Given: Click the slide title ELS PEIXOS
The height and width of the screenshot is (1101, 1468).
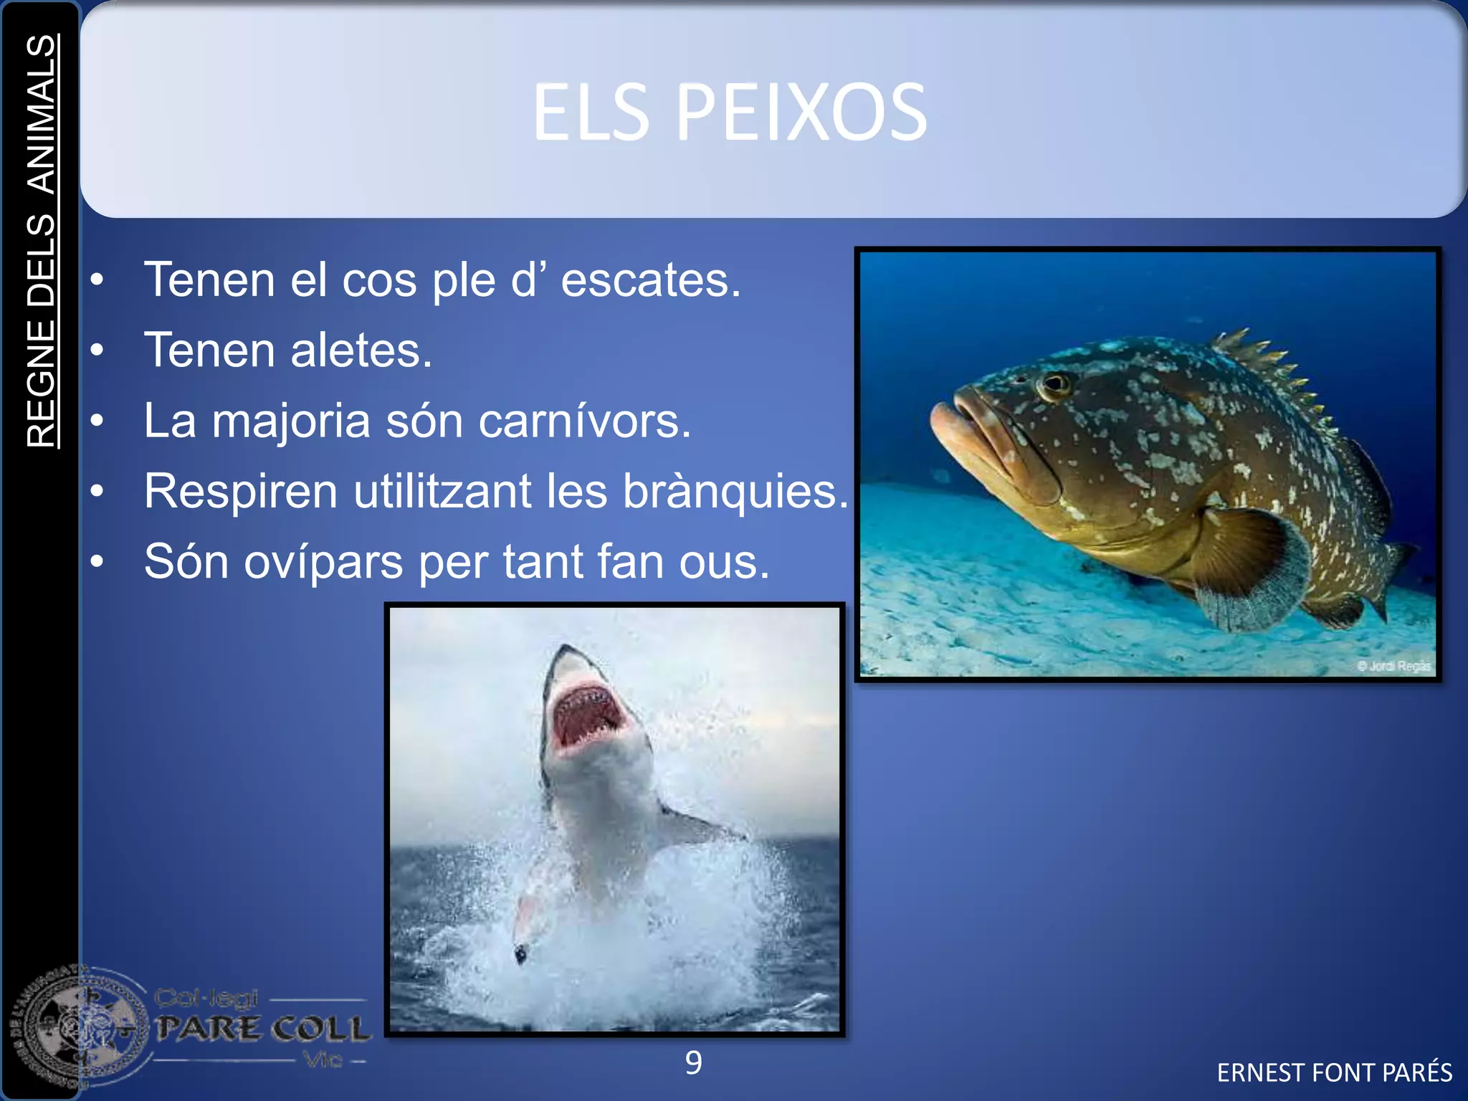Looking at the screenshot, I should point(729,113).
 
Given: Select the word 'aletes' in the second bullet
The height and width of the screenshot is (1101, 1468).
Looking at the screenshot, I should point(361,351).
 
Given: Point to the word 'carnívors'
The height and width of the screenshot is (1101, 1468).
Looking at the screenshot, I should point(583,421).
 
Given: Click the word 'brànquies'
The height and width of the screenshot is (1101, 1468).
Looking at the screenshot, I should point(734,492).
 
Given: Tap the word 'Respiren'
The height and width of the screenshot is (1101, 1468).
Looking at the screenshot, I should point(241,492).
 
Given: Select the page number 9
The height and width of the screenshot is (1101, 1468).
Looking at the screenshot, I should point(693,1063).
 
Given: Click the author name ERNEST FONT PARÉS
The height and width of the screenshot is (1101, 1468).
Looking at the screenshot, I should point(1334,1073).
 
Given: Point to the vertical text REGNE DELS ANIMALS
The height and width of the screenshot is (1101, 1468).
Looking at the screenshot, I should point(42,242).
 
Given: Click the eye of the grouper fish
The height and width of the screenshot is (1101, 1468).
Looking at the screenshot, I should point(1054,384).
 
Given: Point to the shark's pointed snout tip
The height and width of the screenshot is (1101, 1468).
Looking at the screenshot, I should point(566,649).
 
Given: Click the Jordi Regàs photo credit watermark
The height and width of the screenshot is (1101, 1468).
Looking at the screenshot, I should point(1393,666).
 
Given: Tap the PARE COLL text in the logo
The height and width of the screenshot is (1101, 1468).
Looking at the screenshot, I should point(263,1029).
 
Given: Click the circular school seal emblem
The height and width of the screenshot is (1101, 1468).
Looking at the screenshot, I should point(79,1029).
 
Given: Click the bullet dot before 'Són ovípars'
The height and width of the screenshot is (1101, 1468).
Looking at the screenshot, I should point(97,562).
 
